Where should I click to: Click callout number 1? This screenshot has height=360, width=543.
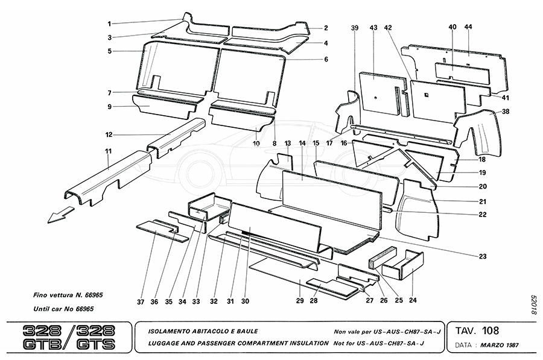[109, 24]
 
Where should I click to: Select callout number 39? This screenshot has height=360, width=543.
[355, 28]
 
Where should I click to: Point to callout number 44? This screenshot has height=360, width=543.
[468, 28]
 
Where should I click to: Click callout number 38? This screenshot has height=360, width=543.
[506, 112]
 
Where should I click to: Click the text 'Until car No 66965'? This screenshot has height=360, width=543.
[63, 309]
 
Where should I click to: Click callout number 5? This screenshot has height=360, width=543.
[109, 51]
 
